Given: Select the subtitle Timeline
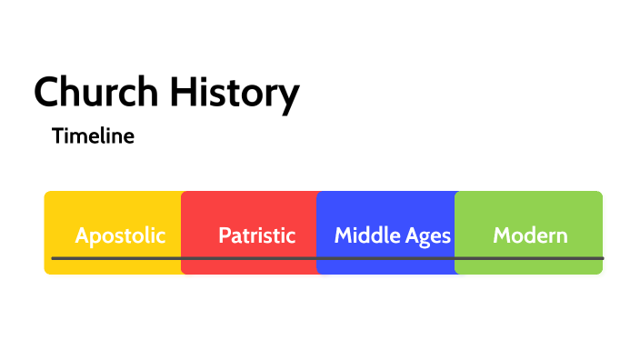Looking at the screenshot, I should pos(94,136).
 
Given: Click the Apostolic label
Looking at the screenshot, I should pos(120,235).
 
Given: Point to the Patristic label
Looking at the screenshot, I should pos(257,235).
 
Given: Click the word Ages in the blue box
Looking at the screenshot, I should pos(428,236).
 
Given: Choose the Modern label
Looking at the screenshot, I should pos(530,235).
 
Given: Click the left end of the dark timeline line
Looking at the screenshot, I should pos(54,258).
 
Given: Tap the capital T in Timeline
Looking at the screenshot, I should pos(58,136).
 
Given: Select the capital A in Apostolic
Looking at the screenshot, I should pos(82,235).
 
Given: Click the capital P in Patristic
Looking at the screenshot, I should pos(224,235).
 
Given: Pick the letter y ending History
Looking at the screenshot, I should pos(289,96).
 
